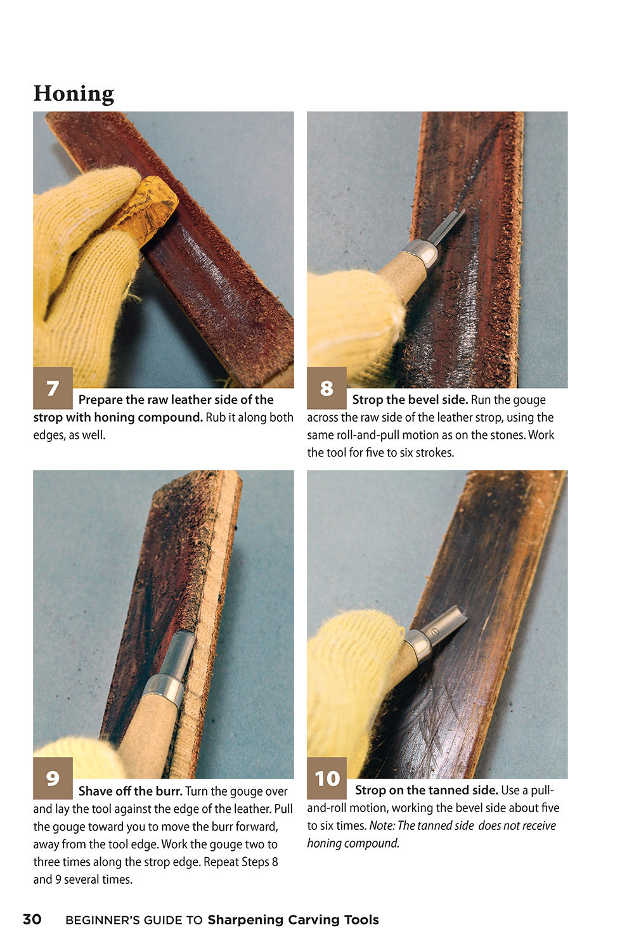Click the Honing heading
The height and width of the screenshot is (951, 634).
[x=74, y=93]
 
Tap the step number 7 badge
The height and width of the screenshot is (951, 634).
[x=53, y=388]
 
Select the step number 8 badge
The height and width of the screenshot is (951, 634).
[x=327, y=388]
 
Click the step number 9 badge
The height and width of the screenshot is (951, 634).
[x=53, y=778]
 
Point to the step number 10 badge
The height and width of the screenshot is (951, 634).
[x=327, y=778]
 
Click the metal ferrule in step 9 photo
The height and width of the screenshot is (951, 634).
[x=163, y=688]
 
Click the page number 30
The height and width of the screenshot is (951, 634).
[x=32, y=919]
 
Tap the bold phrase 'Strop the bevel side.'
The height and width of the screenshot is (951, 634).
[x=410, y=400]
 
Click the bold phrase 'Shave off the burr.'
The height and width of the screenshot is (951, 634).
[x=130, y=791]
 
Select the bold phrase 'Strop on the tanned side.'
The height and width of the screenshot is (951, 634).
[x=426, y=791]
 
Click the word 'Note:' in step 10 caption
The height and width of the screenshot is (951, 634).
[x=382, y=826]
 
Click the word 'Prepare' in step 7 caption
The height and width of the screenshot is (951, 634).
[x=100, y=400]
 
